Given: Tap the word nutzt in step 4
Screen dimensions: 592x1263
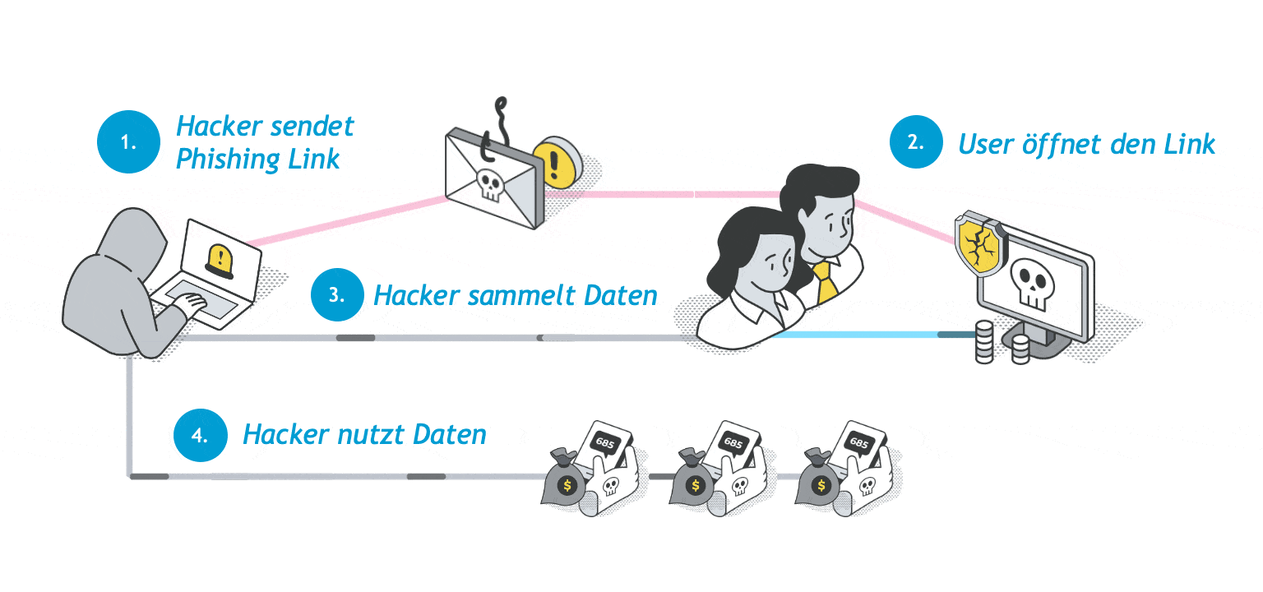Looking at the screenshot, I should [366, 434].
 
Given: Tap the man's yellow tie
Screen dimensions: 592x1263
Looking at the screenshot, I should [826, 279].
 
